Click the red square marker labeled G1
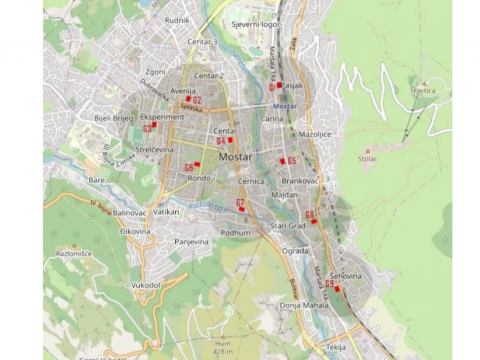tap(279, 85)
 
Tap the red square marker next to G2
tap(188, 99)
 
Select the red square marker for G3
tap(154, 124)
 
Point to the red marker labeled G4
tap(230, 140)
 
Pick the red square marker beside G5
tap(282, 161)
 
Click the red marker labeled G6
tap(197, 164)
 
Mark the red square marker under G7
tap(241, 209)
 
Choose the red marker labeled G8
tap(314, 221)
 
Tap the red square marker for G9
tap(337, 289)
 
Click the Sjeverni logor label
tap(256, 24)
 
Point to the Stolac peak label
tap(368, 158)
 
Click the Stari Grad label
tap(288, 226)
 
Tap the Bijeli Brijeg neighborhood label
tap(114, 118)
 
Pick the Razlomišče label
tap(74, 254)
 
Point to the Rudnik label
tap(177, 21)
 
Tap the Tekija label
tap(336, 347)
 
